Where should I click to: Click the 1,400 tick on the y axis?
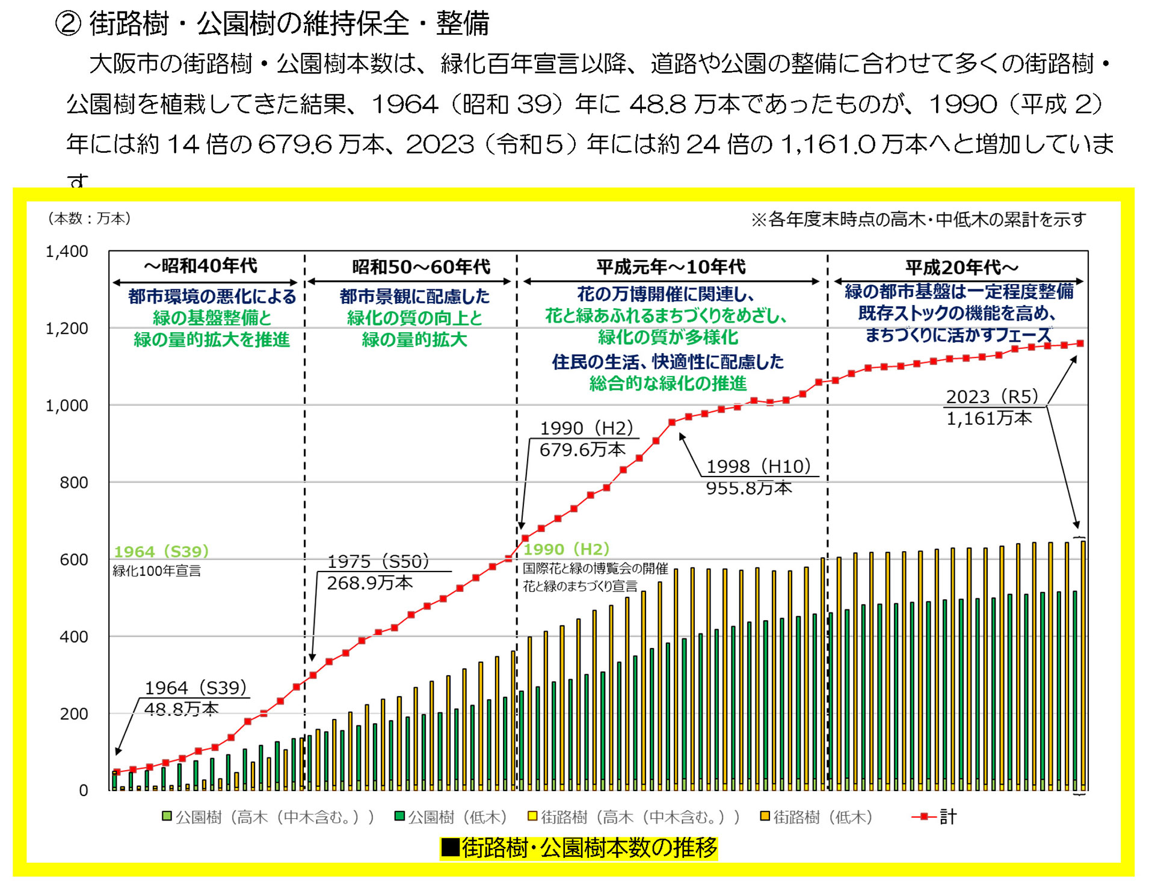pyautogui.click(x=67, y=251)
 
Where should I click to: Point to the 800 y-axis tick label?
pyautogui.click(x=73, y=482)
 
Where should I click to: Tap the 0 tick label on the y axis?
pyautogui.click(x=83, y=791)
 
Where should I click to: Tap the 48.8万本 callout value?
pyautogui.click(x=181, y=709)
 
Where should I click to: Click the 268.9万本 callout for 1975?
pyautogui.click(x=369, y=583)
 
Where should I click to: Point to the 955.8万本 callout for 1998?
pyautogui.click(x=748, y=488)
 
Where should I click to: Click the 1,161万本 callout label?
pyautogui.click(x=988, y=418)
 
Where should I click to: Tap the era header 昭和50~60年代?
pyautogui.click(x=420, y=267)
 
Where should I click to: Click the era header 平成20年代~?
pyautogui.click(x=961, y=267)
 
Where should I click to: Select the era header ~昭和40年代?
pyautogui.click(x=200, y=265)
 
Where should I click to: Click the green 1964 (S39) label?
pyautogui.click(x=161, y=551)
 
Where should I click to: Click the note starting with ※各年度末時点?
pyautogui.click(x=919, y=220)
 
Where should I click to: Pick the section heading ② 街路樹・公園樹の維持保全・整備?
pyautogui.click(x=272, y=24)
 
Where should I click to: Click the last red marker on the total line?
pyautogui.click(x=1080, y=344)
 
